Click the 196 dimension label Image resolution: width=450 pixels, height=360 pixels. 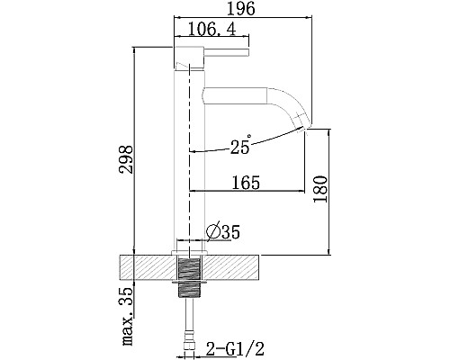240,9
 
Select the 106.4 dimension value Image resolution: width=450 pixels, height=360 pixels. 212,30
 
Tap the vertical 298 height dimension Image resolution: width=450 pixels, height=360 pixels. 126,159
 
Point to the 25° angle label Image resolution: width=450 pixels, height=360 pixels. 240,145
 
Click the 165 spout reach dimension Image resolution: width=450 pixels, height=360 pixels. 246,183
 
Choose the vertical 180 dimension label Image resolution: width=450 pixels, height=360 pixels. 319,189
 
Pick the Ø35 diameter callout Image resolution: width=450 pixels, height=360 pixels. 223,232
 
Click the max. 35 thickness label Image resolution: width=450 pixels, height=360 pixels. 127,316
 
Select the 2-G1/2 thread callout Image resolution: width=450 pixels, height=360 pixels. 235,349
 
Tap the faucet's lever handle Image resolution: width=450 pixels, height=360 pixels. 227,52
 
